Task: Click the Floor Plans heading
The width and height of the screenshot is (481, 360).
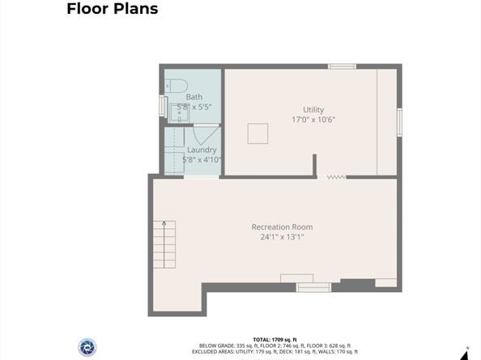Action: pos(113,9)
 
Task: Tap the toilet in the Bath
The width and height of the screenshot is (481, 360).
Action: pos(176,86)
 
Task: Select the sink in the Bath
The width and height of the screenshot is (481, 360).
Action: pos(179,113)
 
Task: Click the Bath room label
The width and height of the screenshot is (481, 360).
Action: pos(194,97)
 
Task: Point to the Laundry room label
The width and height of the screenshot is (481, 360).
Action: pos(202,150)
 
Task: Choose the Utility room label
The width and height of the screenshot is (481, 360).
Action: pos(313,110)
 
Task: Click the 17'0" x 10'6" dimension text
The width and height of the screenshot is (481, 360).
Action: pos(313,120)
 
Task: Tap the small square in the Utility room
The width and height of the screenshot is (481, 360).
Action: pos(258,133)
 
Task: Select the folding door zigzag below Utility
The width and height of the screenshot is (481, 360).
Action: pos(337,177)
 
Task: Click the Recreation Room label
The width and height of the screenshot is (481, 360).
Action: pos(283,227)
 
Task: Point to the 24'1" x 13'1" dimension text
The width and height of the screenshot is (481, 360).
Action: pos(283,237)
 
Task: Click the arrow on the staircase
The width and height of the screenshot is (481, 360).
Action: pos(164,244)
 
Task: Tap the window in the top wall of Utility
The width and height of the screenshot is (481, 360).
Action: pos(342,66)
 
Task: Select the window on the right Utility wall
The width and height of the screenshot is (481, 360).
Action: pos(399,122)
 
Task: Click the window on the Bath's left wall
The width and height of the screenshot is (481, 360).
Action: pos(162,106)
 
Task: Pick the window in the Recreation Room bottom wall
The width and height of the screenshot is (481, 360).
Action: pos(313,287)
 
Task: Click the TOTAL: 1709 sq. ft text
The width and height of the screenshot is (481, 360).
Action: pos(275,340)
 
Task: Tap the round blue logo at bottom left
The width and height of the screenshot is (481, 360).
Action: pos(87,347)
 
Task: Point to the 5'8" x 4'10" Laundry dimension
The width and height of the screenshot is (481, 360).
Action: pos(202,159)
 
